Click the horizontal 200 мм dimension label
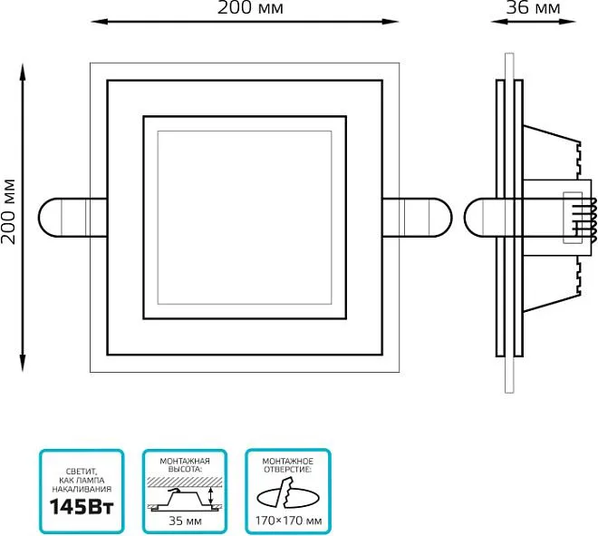pos(250,7)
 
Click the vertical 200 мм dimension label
pos(8,211)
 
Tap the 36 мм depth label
pos(533,7)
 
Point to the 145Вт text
pos(82,507)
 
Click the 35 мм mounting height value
pos(185,521)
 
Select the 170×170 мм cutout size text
pos(288,521)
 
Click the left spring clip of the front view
pos(72,218)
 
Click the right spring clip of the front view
pos(417,218)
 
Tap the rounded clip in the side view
pos(480,218)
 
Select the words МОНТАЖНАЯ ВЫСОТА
pos(185,465)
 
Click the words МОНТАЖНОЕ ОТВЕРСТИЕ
pos(288,465)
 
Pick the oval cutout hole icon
pos(288,495)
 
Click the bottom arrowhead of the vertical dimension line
pos(23,363)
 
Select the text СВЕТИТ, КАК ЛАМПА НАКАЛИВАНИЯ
pos(82,481)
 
